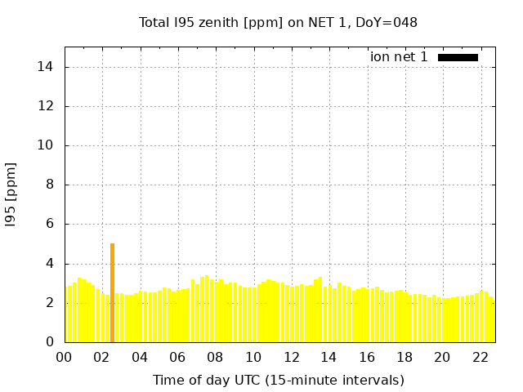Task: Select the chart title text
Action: point(278,22)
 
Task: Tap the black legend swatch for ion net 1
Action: point(458,57)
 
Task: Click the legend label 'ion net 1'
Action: point(399,57)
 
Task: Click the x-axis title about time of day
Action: point(278,380)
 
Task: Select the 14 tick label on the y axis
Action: point(50,67)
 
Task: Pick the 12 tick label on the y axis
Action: point(50,106)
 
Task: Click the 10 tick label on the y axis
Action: point(50,145)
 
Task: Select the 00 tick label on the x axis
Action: point(64,357)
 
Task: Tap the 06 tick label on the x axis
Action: point(177,357)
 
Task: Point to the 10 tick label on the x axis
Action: point(253,357)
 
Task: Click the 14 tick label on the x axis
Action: point(329,357)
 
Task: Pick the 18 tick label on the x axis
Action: point(404,357)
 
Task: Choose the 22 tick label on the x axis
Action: point(480,357)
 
